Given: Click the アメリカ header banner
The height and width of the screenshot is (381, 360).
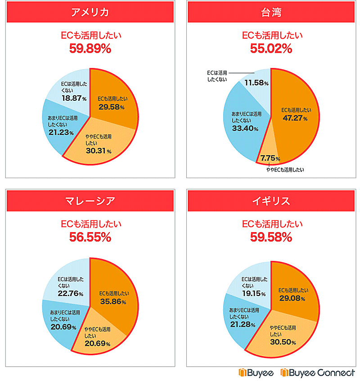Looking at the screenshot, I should (90, 12).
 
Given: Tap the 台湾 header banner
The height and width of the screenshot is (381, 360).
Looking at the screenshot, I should (271, 12).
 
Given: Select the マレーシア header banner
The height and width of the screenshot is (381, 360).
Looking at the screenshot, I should (90, 201).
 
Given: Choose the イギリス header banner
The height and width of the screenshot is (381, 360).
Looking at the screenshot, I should (271, 201).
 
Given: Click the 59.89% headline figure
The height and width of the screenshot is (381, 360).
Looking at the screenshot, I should (90, 49).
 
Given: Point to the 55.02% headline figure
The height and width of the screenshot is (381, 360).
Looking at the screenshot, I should (271, 49).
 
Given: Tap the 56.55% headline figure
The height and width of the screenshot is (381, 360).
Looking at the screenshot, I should (90, 238).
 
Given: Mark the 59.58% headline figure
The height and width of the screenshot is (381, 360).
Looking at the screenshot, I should (271, 238).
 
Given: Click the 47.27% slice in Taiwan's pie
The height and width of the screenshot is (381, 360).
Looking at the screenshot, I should (295, 115).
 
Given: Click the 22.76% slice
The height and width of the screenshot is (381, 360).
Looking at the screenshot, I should (70, 283).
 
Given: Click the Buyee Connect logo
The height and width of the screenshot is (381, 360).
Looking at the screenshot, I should (318, 373).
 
